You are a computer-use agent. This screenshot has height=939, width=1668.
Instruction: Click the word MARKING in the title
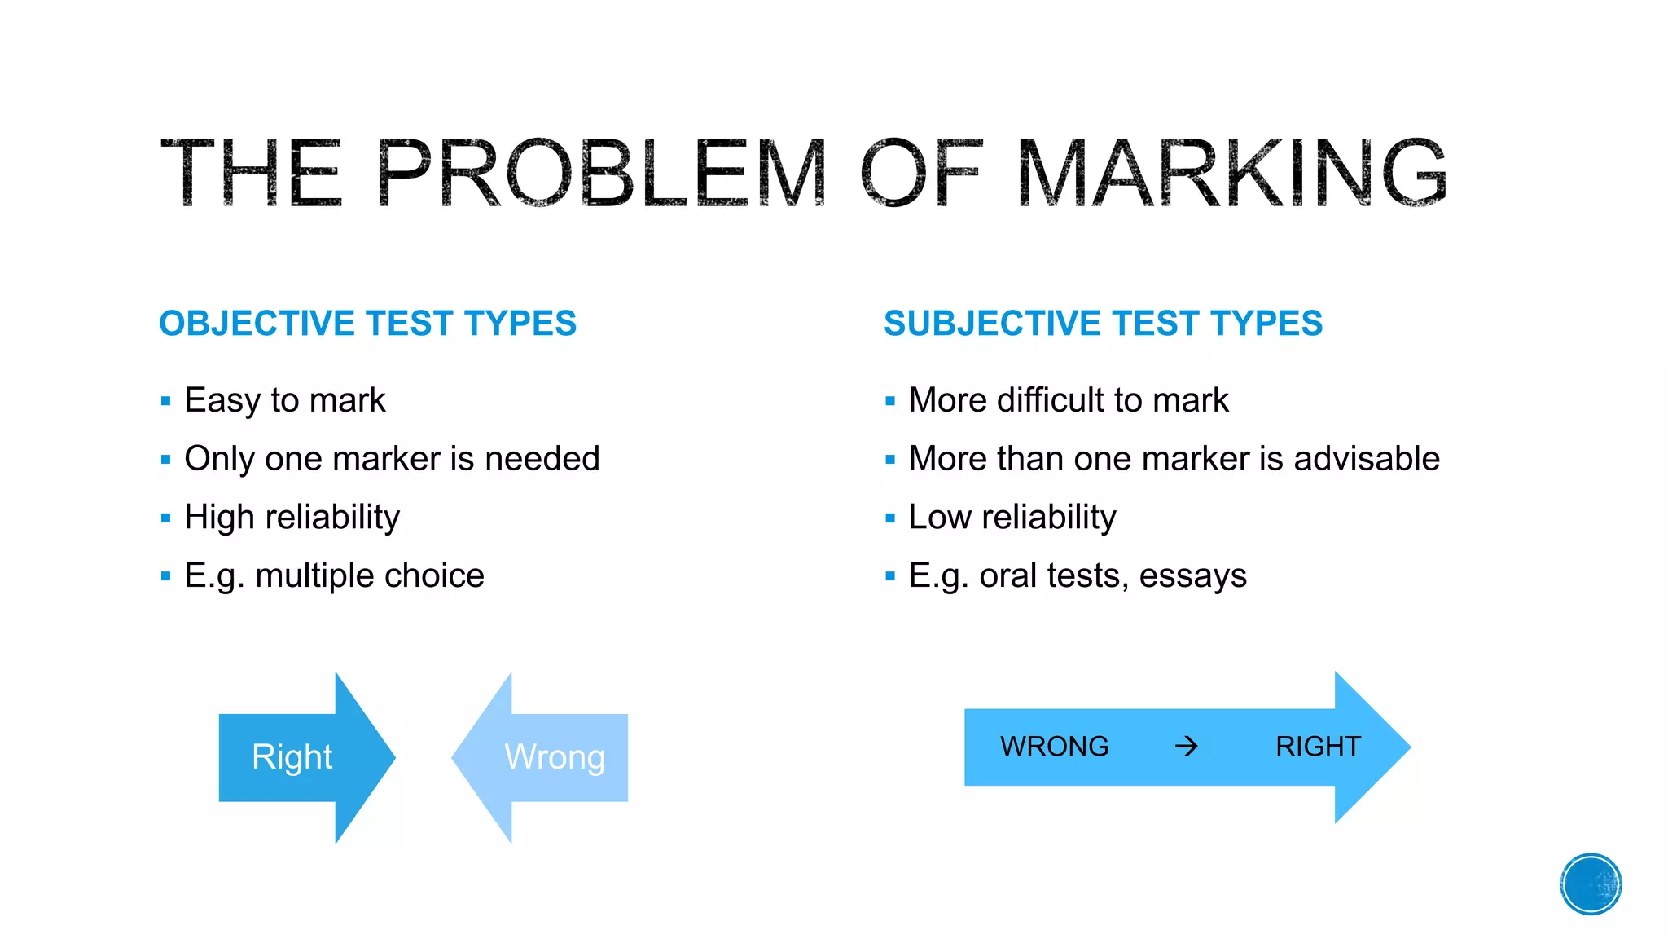1231,172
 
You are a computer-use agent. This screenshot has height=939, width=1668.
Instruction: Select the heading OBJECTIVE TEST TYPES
367,324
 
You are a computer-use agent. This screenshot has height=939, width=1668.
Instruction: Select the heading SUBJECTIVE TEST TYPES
1103,324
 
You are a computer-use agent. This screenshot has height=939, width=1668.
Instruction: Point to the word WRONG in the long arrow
1054,747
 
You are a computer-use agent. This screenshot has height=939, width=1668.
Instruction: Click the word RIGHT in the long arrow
1318,747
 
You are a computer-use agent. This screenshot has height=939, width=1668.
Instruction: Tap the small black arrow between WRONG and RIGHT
1187,746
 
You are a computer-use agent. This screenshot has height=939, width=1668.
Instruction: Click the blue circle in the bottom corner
1591,884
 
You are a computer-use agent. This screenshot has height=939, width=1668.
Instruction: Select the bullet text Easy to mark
284,400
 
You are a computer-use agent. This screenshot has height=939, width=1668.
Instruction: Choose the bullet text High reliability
292,517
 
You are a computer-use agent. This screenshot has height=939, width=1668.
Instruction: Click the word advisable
1366,459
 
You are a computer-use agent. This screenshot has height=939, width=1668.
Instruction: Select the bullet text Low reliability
1012,517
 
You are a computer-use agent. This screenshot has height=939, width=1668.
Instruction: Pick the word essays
1192,575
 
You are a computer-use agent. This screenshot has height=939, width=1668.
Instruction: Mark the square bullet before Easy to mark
166,401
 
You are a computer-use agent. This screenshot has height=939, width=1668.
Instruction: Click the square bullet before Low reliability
890,518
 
